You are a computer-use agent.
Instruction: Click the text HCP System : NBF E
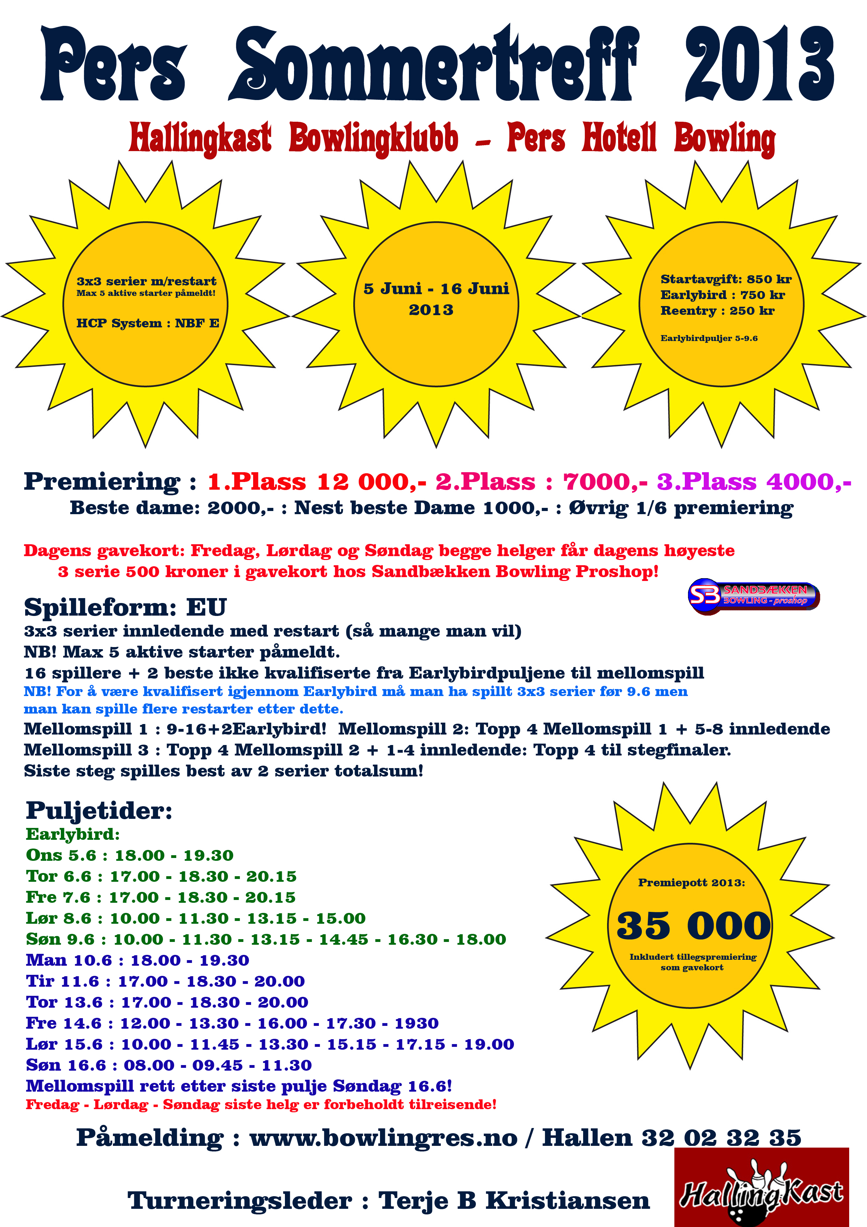[x=148, y=323]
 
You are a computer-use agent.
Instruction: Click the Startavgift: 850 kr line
[x=725, y=279]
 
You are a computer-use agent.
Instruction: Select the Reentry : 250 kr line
[x=717, y=311]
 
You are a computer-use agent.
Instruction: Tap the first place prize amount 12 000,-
[x=371, y=482]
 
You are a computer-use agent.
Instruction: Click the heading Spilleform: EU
[x=126, y=607]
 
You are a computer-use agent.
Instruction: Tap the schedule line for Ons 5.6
[x=130, y=855]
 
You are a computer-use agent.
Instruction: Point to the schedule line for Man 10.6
[x=137, y=960]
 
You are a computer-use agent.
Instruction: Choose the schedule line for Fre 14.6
[x=232, y=1023]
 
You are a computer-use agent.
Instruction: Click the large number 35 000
[x=693, y=926]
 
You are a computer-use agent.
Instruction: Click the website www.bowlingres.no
[x=384, y=1138]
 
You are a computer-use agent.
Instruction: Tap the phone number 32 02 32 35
[x=721, y=1138]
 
